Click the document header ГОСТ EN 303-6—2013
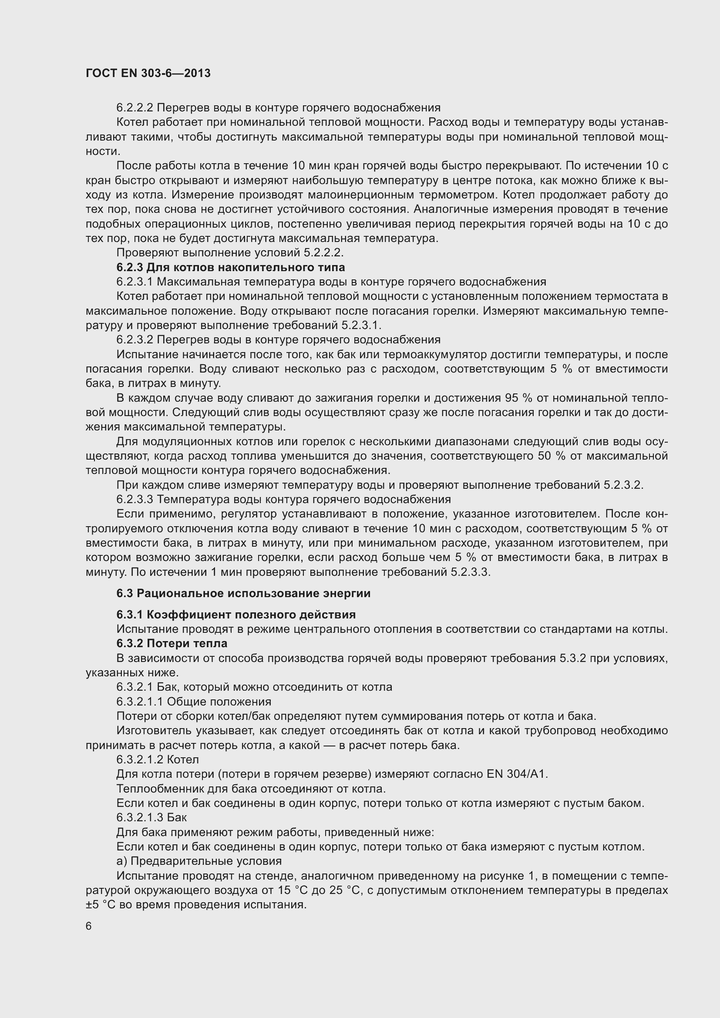point(148,73)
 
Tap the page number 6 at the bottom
point(89,926)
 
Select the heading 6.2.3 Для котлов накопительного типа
point(231,267)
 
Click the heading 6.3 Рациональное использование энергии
point(243,593)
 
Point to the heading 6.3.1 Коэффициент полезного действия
point(236,615)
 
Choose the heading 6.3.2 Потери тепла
point(172,643)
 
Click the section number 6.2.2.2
point(135,108)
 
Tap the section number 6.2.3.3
point(135,499)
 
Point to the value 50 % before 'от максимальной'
point(552,456)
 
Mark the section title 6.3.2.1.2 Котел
point(158,759)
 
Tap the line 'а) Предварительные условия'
point(199,861)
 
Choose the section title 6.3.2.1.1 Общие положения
point(194,702)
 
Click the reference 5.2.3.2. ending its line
point(623,485)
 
